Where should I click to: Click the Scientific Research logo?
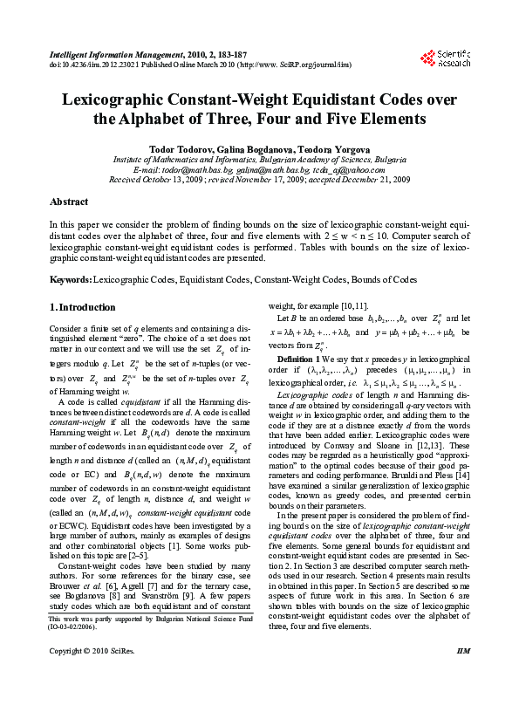click(453, 58)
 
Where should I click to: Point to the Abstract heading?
click(69, 202)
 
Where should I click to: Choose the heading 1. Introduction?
click(82, 307)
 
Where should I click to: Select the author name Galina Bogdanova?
click(253, 150)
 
